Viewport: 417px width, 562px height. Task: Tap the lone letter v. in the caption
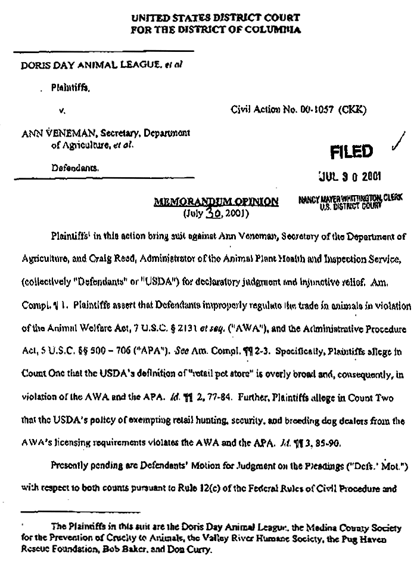(61, 110)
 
